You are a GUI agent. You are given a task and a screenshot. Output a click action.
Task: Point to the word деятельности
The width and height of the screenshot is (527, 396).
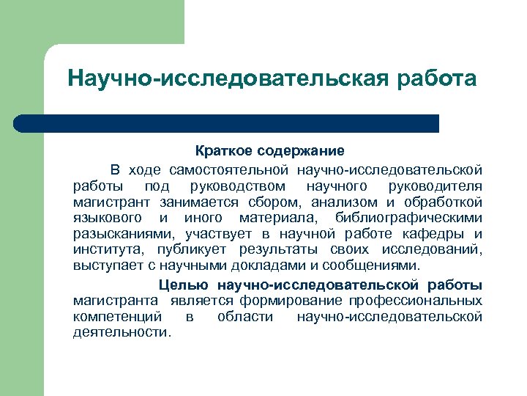point(122,332)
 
